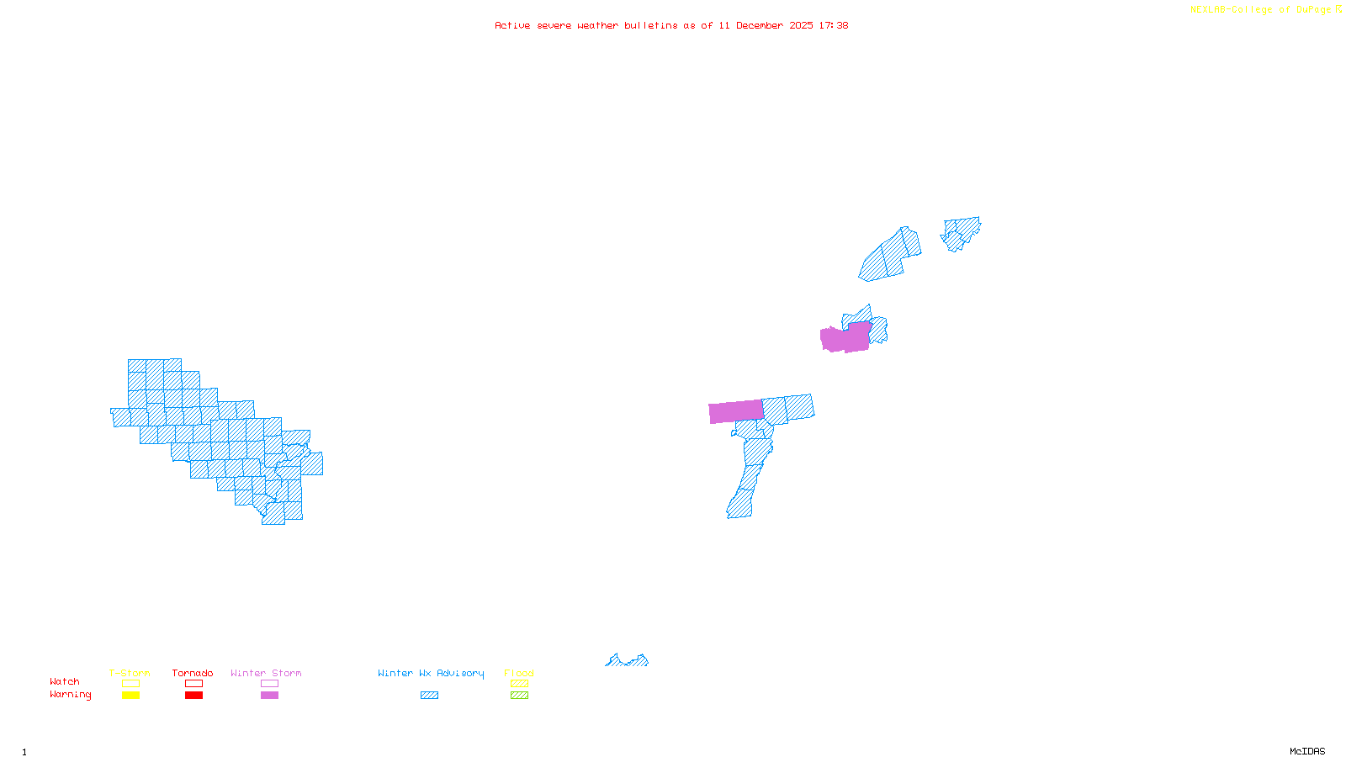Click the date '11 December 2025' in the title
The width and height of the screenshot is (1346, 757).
pyautogui.click(x=766, y=26)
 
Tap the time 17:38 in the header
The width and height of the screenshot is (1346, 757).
pyautogui.click(x=834, y=26)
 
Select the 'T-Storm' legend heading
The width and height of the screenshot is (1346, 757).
pyautogui.click(x=130, y=673)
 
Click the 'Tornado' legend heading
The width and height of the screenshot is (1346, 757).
pyautogui.click(x=193, y=673)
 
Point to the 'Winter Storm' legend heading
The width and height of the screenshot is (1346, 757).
pyautogui.click(x=266, y=673)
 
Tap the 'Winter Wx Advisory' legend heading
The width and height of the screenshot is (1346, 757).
pyautogui.click(x=431, y=673)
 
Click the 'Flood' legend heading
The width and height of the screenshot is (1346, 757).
pyautogui.click(x=519, y=673)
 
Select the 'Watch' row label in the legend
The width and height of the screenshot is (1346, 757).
pyautogui.click(x=65, y=682)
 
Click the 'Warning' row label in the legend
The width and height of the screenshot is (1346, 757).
pyautogui.click(x=71, y=695)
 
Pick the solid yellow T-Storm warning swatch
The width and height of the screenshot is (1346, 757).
pyautogui.click(x=130, y=696)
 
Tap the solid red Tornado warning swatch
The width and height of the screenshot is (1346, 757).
pyautogui.click(x=194, y=696)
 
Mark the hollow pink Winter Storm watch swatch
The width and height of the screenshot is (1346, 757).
pyautogui.click(x=269, y=684)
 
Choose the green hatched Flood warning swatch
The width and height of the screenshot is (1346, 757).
pyautogui.click(x=520, y=696)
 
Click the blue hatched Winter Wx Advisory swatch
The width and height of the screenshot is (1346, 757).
pyautogui.click(x=429, y=696)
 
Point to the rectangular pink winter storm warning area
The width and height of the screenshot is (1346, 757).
pyautogui.click(x=736, y=411)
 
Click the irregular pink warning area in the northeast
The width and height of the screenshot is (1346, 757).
pyautogui.click(x=845, y=338)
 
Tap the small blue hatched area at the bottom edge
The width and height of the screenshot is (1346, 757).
pyautogui.click(x=627, y=661)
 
